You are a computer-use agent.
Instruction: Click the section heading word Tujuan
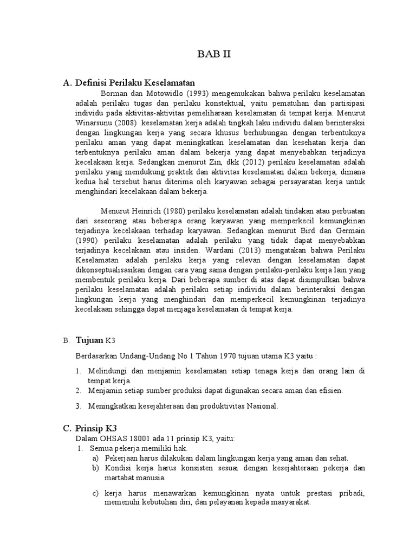(88, 340)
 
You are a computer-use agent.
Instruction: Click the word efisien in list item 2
(329, 390)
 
